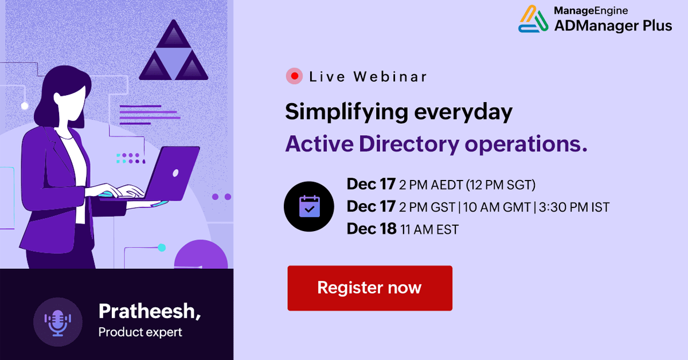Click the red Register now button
click(x=370, y=288)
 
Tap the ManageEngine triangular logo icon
click(x=533, y=19)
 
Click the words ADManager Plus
click(x=612, y=25)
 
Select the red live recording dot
click(x=294, y=76)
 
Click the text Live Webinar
click(x=368, y=76)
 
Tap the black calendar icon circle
click(x=309, y=206)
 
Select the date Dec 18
click(x=372, y=229)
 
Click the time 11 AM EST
click(x=430, y=229)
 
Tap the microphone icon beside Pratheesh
click(x=58, y=322)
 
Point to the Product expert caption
click(x=140, y=332)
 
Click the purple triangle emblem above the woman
click(x=173, y=52)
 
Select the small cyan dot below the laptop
click(x=162, y=248)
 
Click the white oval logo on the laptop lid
click(x=175, y=172)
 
